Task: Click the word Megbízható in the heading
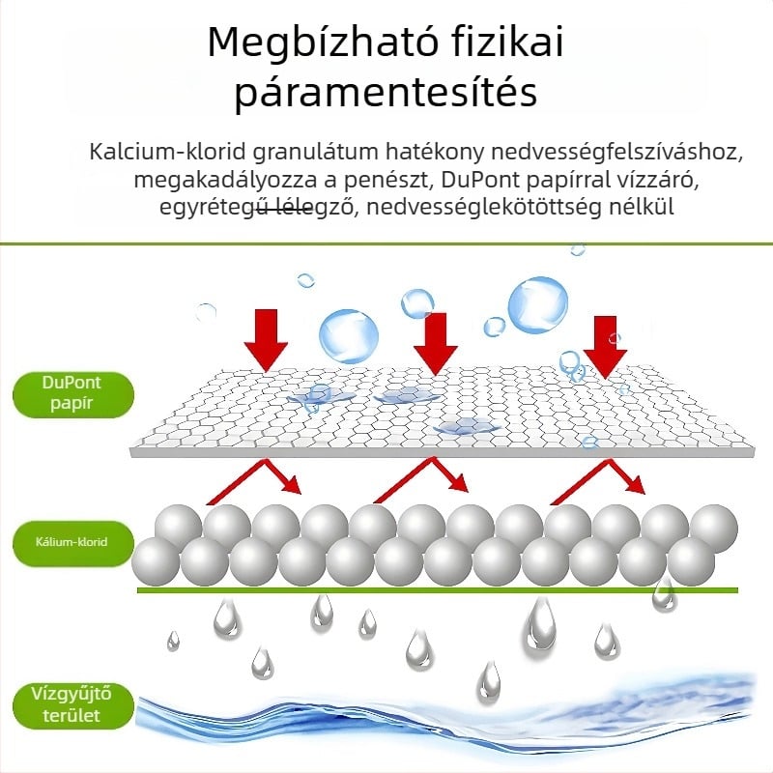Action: coord(323,43)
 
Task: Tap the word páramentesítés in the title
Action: coord(386,92)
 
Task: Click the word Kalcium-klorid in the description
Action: coord(167,152)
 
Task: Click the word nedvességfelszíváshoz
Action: coord(616,153)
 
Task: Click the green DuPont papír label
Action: coord(73,394)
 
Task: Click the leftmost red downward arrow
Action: coord(266,340)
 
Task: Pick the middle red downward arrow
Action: coord(435,344)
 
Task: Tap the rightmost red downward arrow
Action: coord(606,347)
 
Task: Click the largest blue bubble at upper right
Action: coord(537,304)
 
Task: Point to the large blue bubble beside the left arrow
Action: coord(349,336)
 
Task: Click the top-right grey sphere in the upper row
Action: coord(714,528)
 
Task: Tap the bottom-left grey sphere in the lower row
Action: coord(156,560)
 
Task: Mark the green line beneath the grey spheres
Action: coord(438,589)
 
